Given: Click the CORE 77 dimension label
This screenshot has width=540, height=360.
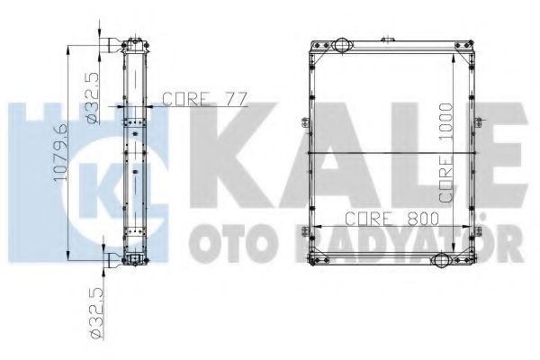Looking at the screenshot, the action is point(205,99).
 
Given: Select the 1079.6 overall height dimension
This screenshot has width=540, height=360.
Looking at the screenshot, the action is point(60,153).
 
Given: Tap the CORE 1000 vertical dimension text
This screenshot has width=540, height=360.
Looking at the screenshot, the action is point(445,152).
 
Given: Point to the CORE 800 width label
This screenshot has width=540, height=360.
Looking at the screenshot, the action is point(391,219).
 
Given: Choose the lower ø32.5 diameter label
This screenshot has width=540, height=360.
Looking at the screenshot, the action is point(96,313).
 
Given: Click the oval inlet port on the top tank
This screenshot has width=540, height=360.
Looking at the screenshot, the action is point(342,45).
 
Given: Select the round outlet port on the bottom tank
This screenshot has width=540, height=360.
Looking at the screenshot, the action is point(442,260).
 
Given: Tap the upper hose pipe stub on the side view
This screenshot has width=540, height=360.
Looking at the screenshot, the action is point(113,45).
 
